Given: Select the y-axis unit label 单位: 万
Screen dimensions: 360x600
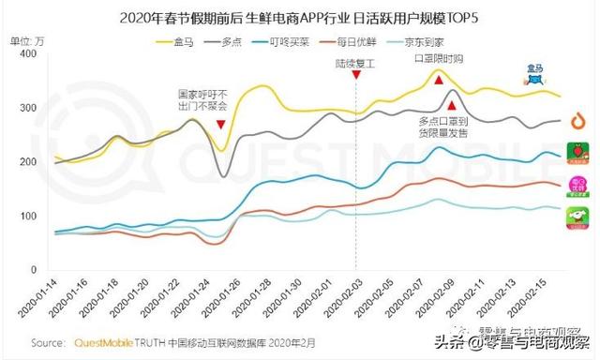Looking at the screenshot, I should (26, 41).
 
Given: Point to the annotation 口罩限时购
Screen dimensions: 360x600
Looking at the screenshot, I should (438, 60).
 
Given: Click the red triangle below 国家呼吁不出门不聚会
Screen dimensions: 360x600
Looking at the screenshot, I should (220, 125).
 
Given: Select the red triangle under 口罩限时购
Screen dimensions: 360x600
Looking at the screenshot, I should (438, 81).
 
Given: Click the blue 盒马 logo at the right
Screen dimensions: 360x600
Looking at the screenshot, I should (534, 76).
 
